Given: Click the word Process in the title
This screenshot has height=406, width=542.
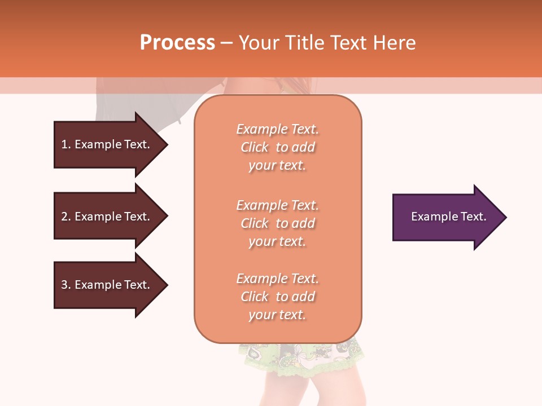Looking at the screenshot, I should tap(177, 43).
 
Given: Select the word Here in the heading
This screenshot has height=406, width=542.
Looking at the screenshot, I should tap(395, 43).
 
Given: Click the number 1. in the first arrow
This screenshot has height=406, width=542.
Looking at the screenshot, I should tap(66, 144).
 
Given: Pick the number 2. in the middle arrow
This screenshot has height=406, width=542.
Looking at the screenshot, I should tap(66, 217).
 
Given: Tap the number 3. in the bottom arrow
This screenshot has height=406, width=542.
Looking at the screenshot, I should tap(66, 285).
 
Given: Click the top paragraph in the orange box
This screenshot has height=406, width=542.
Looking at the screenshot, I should tap(277, 147).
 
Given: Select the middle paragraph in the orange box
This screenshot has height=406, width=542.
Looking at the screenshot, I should tap(277, 223).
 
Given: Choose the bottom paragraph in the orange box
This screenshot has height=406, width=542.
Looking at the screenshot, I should tap(277, 297).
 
